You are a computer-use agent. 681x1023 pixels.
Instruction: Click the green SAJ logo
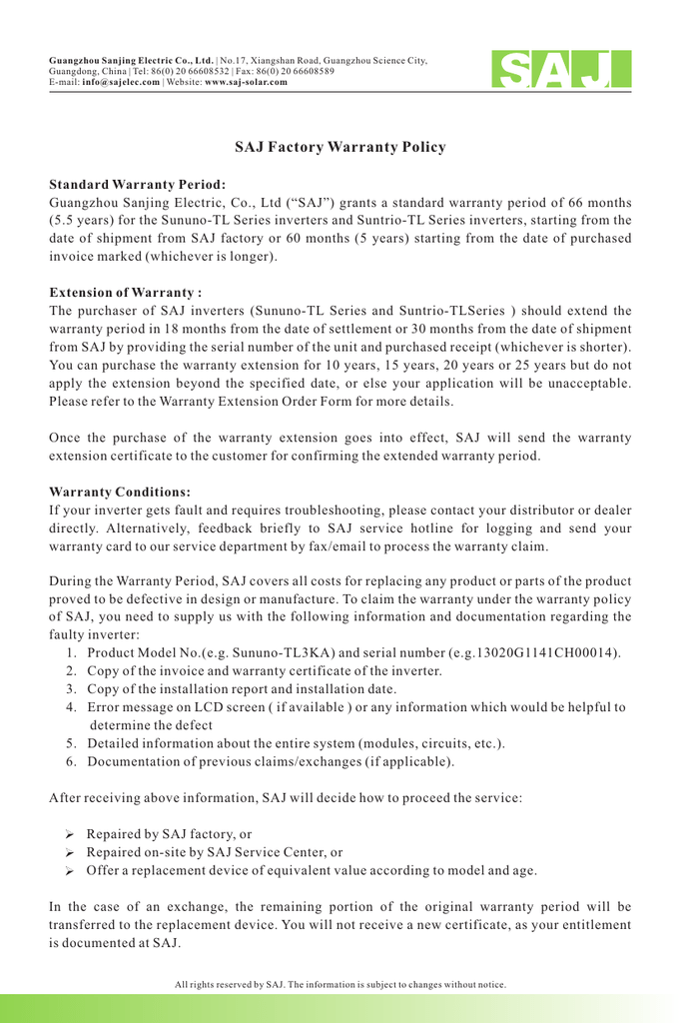click(560, 70)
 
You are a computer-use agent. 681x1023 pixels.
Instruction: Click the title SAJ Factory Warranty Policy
click(340, 148)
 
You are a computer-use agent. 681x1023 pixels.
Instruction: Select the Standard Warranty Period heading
click(137, 185)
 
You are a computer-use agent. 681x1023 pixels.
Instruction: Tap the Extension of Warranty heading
click(125, 293)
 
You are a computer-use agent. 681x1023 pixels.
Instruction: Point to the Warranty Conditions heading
click(119, 492)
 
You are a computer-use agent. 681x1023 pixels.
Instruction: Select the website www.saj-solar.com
click(246, 82)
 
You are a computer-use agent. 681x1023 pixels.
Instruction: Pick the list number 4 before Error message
click(72, 707)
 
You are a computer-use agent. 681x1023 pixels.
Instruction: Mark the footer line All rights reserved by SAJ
click(340, 985)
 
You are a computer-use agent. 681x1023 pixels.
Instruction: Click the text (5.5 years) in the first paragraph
click(86, 220)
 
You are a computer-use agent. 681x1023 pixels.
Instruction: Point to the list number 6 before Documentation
click(72, 762)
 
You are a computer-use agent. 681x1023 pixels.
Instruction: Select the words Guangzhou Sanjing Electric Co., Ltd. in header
click(132, 60)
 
